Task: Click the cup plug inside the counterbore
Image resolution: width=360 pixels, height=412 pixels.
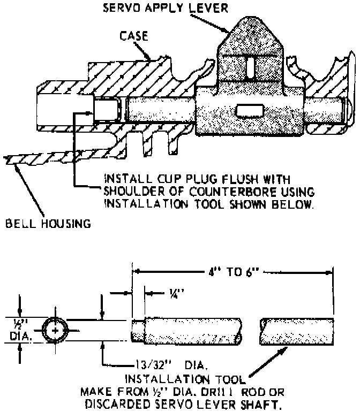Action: pyautogui.click(x=105, y=111)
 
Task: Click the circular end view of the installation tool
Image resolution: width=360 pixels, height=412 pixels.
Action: pyautogui.click(x=56, y=332)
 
